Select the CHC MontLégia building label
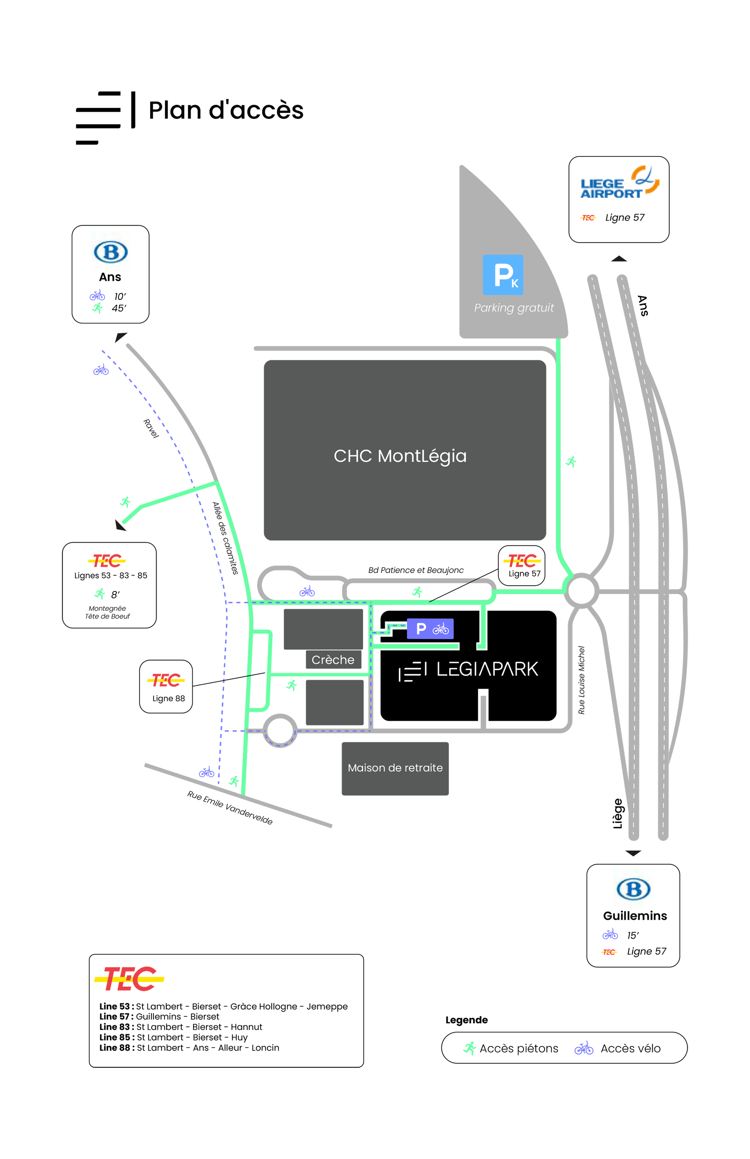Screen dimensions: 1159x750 coord(400,456)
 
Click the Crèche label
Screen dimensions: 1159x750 coord(333,660)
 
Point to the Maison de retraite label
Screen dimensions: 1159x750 coord(395,768)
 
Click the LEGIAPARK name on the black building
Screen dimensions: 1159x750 coord(487,670)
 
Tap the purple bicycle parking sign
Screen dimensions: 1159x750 coord(430,629)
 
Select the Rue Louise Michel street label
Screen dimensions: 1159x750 coord(581,680)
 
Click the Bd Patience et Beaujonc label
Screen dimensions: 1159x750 coord(415,570)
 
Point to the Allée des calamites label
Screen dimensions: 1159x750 coord(225,538)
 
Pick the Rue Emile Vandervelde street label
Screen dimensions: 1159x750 coord(230,808)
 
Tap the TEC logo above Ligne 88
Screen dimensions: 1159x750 coord(166,680)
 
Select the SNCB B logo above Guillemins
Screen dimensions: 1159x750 coord(633,889)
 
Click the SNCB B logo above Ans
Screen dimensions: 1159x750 coord(110,252)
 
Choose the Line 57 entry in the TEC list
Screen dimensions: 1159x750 coord(159,1017)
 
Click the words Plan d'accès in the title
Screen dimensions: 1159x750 coord(226,110)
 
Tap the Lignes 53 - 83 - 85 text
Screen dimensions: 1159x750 coord(110,575)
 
